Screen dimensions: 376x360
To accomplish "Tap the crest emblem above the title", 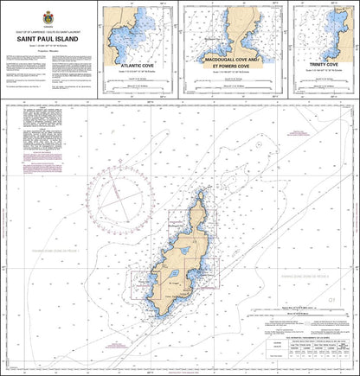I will pyautogui.click(x=48, y=14).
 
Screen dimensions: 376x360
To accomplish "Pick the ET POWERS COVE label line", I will pyautogui.click(x=231, y=65).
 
